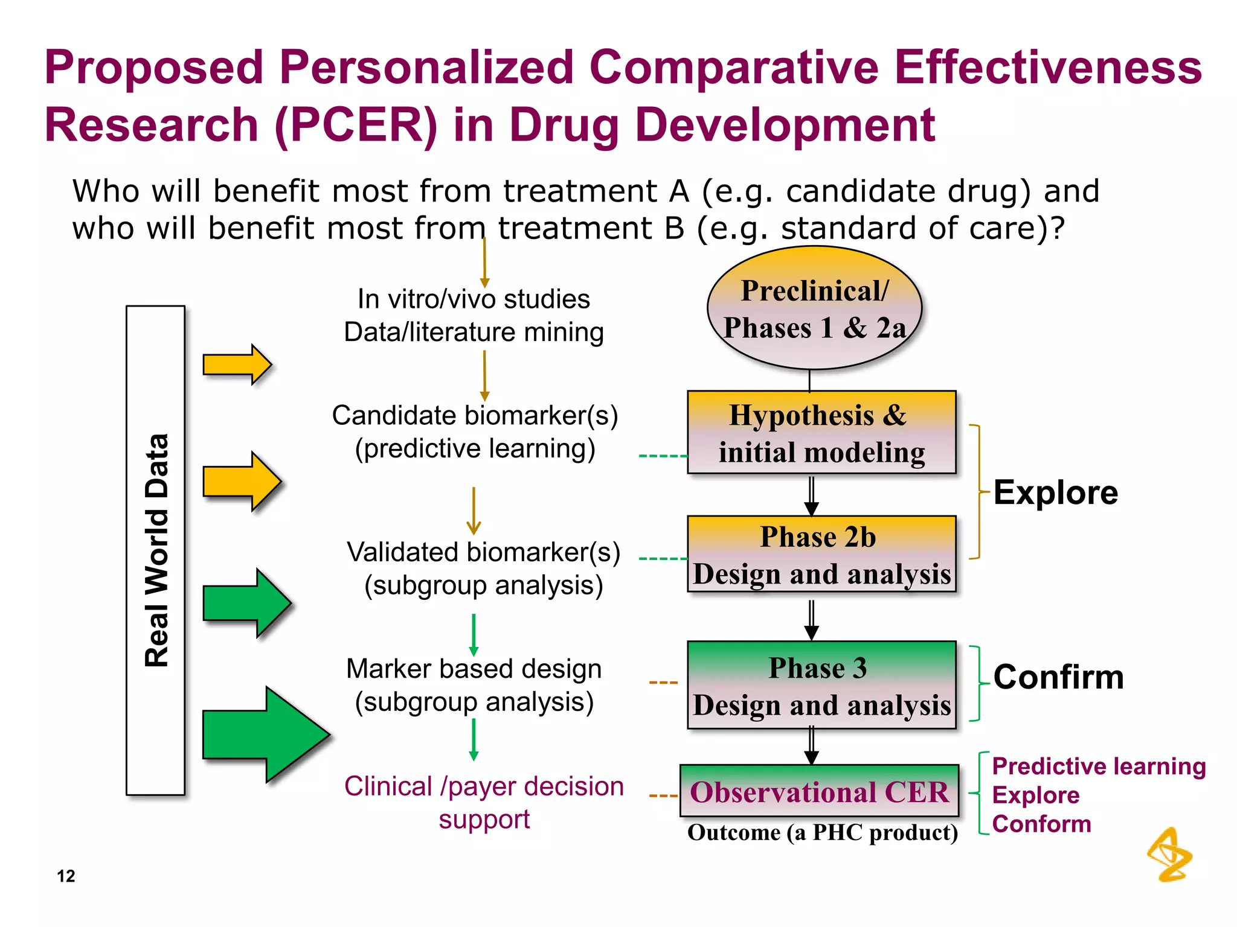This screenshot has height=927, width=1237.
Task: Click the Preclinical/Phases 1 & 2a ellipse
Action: pyautogui.click(x=814, y=308)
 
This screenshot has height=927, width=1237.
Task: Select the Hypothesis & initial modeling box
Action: pyautogui.click(x=821, y=432)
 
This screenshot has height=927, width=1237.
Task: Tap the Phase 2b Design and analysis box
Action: pyautogui.click(x=821, y=554)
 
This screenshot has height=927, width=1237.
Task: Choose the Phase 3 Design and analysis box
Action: pyautogui.click(x=821, y=685)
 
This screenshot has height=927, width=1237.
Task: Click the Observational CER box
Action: pyautogui.click(x=820, y=791)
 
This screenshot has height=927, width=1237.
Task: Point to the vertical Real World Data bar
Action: pyautogui.click(x=155, y=550)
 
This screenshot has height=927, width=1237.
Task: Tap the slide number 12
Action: pyautogui.click(x=66, y=876)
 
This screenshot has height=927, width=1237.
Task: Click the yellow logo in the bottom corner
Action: pyautogui.click(x=1169, y=855)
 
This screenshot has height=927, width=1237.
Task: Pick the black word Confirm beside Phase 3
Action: pyautogui.click(x=1058, y=677)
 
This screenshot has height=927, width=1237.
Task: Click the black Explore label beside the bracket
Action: pyautogui.click(x=1055, y=492)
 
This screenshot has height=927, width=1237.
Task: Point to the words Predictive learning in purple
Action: pyautogui.click(x=1098, y=766)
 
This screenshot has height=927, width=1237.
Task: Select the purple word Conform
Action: pyautogui.click(x=1041, y=824)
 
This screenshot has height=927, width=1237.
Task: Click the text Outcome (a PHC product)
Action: pyautogui.click(x=822, y=833)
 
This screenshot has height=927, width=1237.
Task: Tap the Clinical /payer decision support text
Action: pyautogui.click(x=484, y=803)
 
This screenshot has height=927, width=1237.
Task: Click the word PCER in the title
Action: pyautogui.click(x=356, y=125)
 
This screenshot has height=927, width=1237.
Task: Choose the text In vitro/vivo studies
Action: pyautogui.click(x=474, y=299)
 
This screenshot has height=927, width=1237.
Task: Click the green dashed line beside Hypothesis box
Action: pyautogui.click(x=663, y=456)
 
